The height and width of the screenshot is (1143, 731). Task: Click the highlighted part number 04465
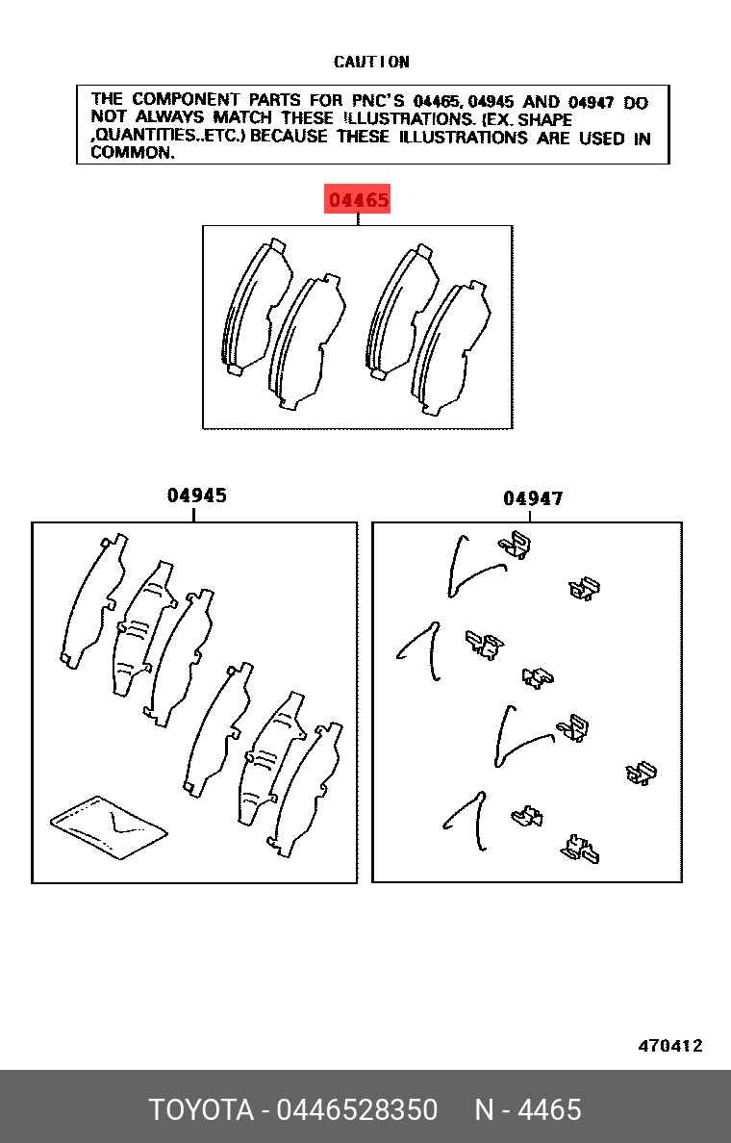tap(357, 199)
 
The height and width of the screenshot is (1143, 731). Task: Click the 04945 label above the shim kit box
tap(197, 495)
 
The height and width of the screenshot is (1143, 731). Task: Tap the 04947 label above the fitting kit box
tap(533, 498)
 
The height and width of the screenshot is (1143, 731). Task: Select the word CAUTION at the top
tap(371, 62)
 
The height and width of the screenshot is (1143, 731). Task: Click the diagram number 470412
tap(670, 1046)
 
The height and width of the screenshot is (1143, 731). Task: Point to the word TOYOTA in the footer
tap(201, 1110)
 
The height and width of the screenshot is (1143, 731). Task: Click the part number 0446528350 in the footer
tap(357, 1110)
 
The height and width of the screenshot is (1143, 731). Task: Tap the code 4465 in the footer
tap(549, 1110)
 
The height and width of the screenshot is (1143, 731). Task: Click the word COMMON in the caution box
tap(131, 152)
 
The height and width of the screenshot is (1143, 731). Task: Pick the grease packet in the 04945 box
tap(109, 827)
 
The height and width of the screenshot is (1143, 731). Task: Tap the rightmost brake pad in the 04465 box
tap(450, 348)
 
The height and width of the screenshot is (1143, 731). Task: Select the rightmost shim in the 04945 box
tap(305, 790)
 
